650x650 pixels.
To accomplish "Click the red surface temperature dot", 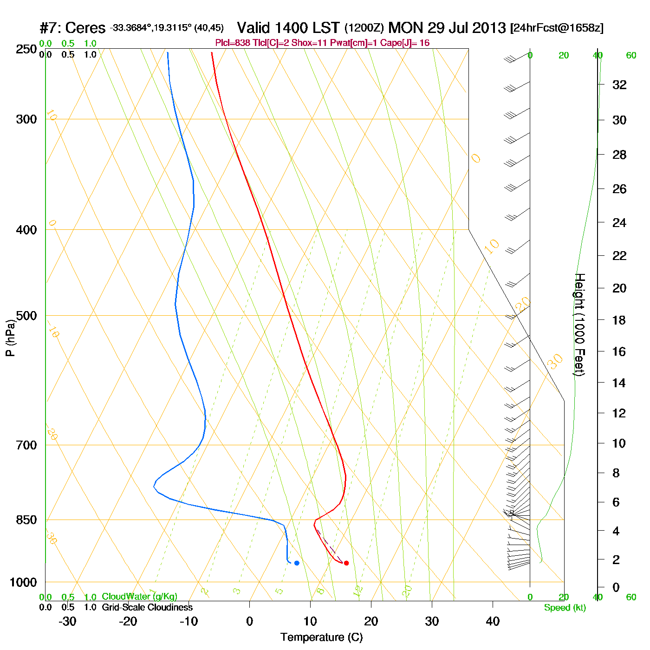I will click(x=346, y=563).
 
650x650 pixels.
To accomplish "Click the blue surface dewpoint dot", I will click(x=297, y=563).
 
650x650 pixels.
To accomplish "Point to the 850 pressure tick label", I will click(x=26, y=520).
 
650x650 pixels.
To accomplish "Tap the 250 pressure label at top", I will click(x=26, y=49).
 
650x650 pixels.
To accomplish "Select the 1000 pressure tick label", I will click(x=23, y=582).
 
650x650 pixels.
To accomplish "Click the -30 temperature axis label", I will click(x=67, y=621).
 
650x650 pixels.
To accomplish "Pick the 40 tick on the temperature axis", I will click(x=493, y=621).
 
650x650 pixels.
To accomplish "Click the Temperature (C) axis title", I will click(x=321, y=637).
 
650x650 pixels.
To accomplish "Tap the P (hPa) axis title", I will click(x=10, y=338).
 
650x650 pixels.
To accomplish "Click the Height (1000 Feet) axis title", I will click(x=579, y=325).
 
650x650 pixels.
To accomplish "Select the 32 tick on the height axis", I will click(x=619, y=85).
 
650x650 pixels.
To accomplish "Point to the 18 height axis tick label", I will click(x=619, y=320).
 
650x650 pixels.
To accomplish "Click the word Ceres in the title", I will click(x=85, y=28).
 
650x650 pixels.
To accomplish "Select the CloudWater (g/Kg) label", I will click(x=139, y=597).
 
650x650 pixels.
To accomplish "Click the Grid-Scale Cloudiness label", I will click(x=147, y=607).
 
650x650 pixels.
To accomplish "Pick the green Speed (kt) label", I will click(x=565, y=608).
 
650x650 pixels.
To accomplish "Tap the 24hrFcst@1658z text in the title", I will click(x=557, y=28).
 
